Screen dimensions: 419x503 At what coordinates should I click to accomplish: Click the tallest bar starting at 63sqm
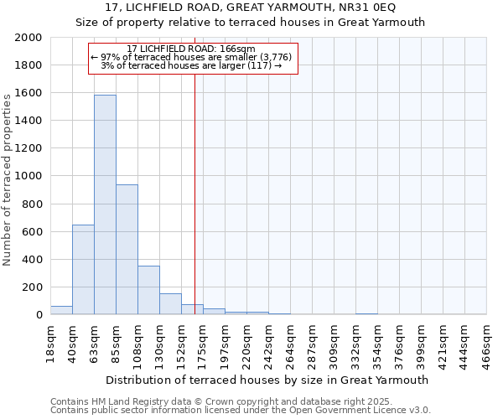click(x=105, y=204)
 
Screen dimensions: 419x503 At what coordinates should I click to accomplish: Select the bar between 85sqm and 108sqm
click(x=127, y=250)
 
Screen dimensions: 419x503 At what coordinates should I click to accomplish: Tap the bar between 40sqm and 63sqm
click(x=83, y=270)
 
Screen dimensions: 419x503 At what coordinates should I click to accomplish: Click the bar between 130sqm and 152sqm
click(x=170, y=304)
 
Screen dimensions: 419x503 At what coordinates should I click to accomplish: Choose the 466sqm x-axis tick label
click(x=486, y=343)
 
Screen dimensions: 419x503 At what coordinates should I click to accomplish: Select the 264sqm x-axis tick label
click(x=290, y=343)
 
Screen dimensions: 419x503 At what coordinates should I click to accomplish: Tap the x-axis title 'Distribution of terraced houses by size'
click(x=238, y=380)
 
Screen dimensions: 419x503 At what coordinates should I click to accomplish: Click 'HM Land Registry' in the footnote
click(x=125, y=401)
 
